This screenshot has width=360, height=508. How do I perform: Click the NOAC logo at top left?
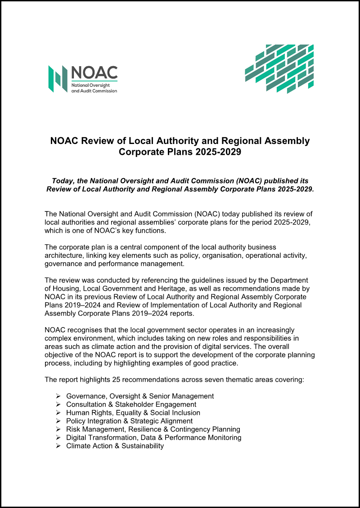point(83,79)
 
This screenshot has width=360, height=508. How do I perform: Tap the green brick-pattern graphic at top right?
point(279,68)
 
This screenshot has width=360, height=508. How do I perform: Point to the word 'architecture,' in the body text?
point(65,256)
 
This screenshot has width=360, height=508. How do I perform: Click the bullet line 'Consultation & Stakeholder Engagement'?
point(131,405)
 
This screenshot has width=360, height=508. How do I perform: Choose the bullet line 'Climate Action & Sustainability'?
point(115,446)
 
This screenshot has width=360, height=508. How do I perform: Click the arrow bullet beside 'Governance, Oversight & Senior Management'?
point(58,396)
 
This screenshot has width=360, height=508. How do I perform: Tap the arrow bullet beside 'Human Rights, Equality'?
point(58,413)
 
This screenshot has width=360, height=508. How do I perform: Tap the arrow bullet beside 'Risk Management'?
point(58,429)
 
